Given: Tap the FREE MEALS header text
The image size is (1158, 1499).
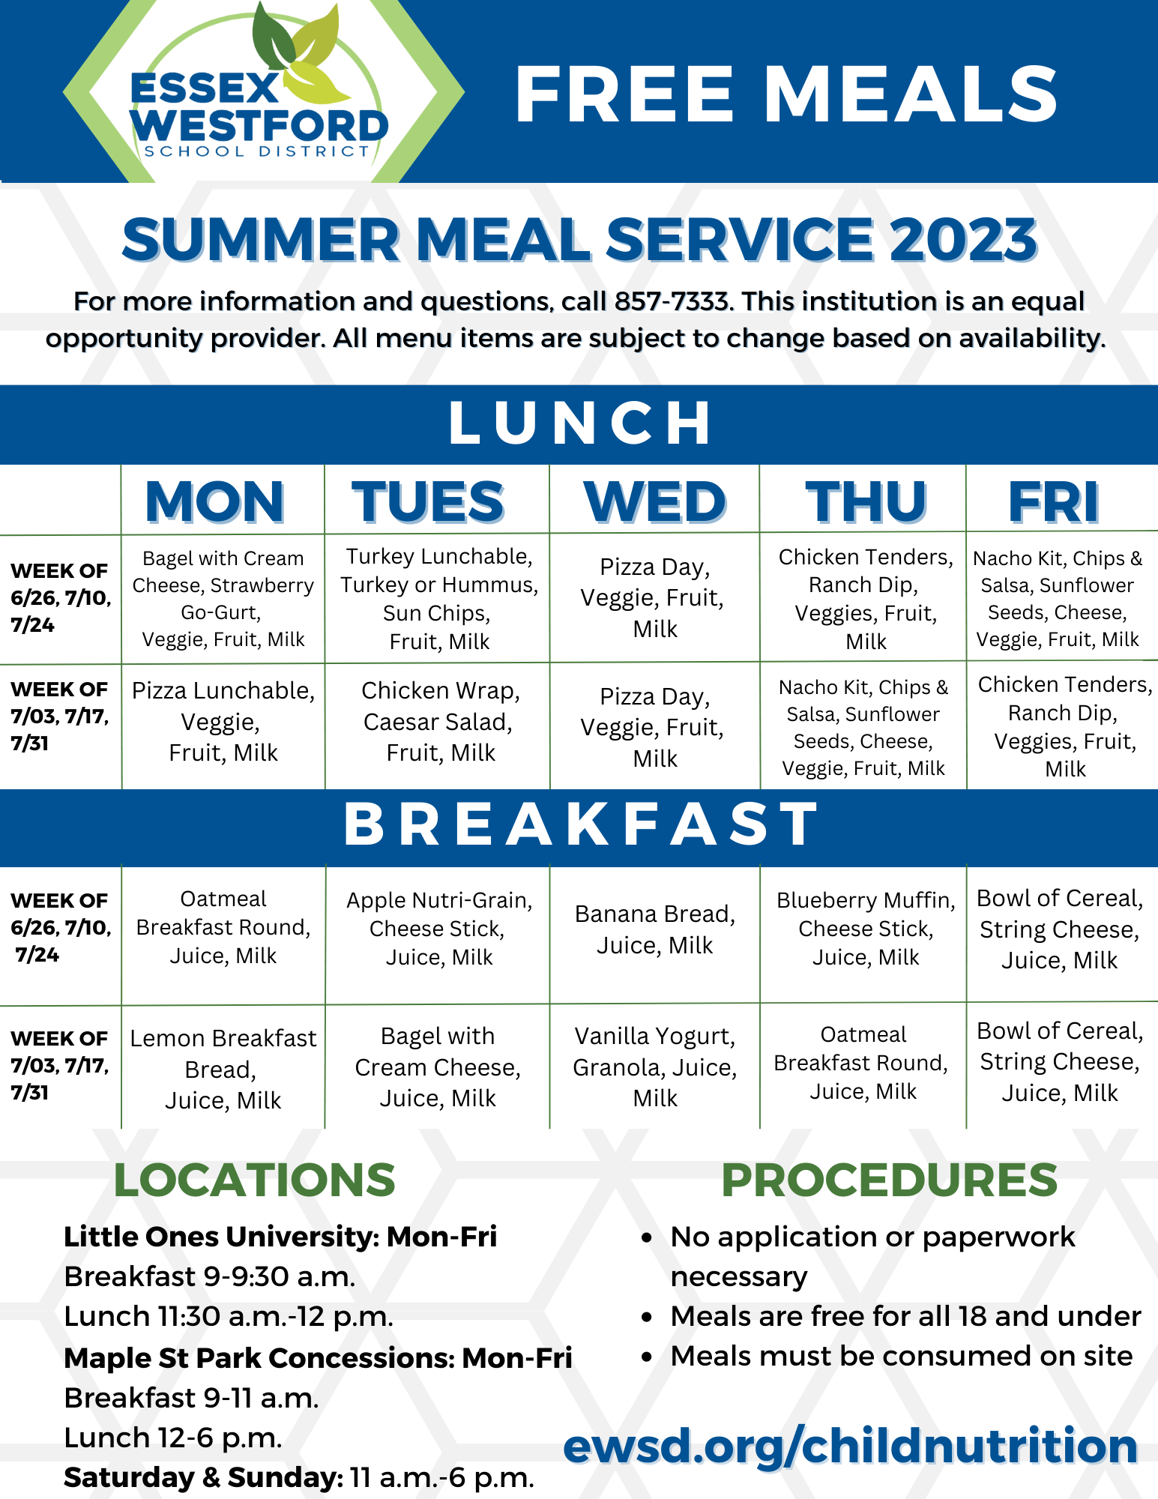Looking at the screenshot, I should point(785,94).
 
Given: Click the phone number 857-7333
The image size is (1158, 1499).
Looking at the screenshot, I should point(671,301).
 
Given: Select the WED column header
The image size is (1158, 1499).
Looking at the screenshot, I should point(654,501).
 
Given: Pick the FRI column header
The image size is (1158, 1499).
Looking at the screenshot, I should point(1053,501).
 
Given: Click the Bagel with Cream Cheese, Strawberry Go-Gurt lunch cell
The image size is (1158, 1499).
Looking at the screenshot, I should point(223,598).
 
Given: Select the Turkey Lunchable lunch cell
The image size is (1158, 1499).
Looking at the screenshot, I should point(439,598).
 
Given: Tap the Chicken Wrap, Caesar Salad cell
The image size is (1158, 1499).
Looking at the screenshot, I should point(440,721).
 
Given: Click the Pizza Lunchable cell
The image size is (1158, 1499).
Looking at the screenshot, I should point(223,721).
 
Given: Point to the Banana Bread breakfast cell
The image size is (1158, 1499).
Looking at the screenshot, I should point(654,929).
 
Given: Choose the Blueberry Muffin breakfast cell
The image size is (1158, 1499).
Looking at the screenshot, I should point(866,928).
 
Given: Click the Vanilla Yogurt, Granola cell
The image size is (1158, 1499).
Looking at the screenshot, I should point(654,1066).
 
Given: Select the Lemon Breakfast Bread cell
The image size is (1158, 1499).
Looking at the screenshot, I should point(223,1069).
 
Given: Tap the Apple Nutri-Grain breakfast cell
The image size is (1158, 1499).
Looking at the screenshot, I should point(439,928).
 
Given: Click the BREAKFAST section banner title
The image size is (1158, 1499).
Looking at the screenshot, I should point(579,824).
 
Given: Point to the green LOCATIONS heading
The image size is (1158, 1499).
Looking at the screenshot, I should point(254,1180).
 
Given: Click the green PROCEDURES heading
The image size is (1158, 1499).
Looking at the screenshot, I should point(888,1180).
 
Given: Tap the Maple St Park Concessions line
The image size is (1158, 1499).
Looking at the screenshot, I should point(318,1357).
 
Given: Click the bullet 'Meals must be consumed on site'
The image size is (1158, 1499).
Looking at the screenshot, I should point(901,1356).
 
